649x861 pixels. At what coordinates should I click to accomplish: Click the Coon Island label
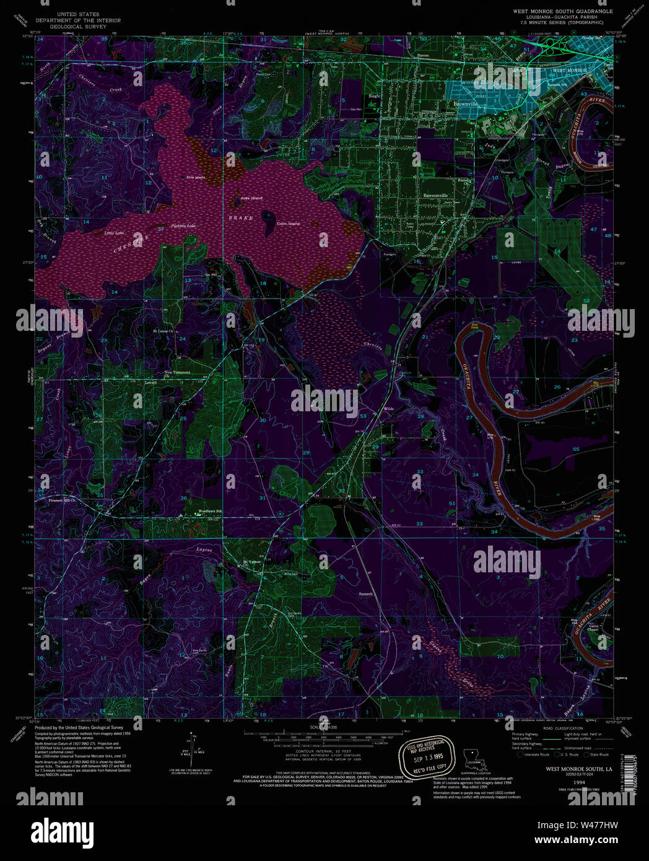[288, 224]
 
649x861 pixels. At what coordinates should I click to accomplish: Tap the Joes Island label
[251, 198]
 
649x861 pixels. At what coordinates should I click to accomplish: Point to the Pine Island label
[196, 178]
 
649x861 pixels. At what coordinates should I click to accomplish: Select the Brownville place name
[466, 104]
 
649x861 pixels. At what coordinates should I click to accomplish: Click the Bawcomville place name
[435, 195]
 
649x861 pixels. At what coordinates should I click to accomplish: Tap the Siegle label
[375, 96]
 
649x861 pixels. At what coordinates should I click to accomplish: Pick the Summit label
[365, 594]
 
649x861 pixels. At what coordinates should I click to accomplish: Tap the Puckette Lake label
[183, 225]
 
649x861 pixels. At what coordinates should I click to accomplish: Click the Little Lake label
[114, 233]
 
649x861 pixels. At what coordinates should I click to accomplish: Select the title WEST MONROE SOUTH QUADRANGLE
[562, 11]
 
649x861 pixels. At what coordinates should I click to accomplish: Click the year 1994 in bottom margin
[579, 782]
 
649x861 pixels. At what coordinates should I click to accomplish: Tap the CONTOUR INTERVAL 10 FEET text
[323, 751]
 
